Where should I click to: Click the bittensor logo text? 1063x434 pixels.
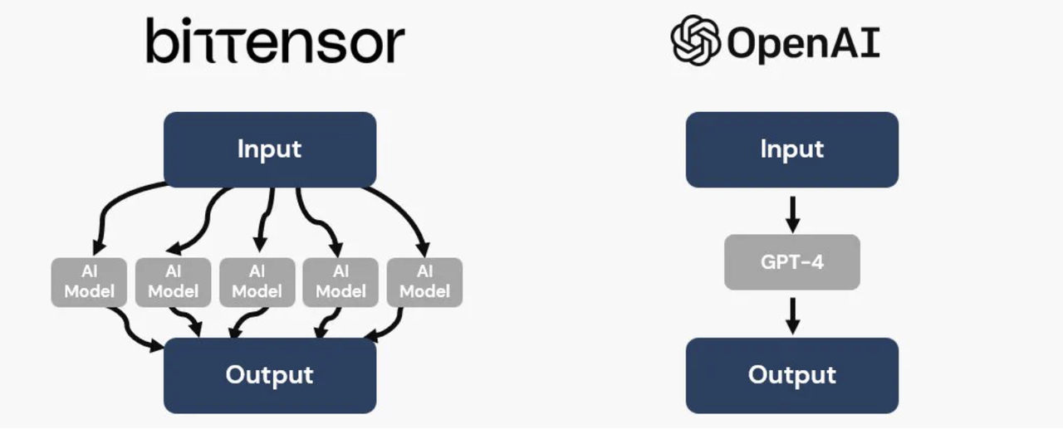tap(275, 41)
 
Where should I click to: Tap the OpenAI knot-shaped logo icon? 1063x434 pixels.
tap(695, 41)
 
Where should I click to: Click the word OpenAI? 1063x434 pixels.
tap(803, 43)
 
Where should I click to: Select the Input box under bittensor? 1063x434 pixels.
tap(270, 149)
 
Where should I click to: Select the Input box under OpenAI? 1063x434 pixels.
tap(792, 149)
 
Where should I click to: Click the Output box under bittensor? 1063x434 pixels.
tap(270, 376)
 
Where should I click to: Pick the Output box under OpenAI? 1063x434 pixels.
tap(792, 376)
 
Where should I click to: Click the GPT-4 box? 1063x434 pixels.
tap(792, 262)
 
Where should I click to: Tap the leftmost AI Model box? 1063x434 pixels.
tap(89, 282)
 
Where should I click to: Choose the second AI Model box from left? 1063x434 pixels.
tap(174, 282)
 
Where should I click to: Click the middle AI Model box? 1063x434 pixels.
tap(257, 282)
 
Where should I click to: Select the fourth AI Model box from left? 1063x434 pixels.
tap(340, 282)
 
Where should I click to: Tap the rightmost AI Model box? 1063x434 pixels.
tap(424, 282)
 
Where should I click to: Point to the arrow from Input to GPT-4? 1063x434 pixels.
tap(792, 214)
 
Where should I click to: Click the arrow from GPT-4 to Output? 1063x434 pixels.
tap(792, 316)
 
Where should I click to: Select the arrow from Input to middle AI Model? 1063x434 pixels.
tap(266, 219)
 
